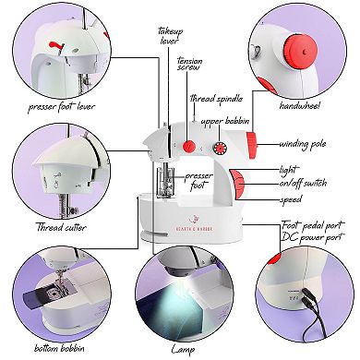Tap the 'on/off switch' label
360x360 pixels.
301,182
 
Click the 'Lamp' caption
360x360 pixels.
183,349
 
